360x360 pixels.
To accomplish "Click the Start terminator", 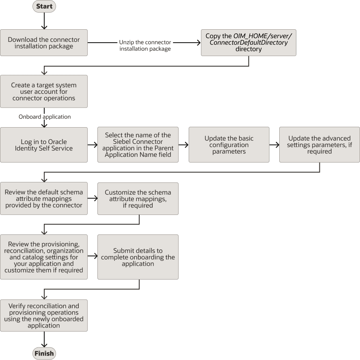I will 44,7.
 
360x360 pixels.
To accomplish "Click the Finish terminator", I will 44,353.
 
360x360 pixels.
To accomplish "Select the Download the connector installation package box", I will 44,43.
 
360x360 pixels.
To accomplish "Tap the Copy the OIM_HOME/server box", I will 248,43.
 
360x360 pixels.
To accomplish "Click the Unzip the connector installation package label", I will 145,46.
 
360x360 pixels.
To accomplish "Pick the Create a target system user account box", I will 44,91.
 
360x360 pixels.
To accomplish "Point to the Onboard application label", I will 45,117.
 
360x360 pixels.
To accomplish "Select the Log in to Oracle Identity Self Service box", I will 44,145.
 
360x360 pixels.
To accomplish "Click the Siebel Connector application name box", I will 138,145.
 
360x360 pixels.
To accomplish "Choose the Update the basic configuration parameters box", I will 229,145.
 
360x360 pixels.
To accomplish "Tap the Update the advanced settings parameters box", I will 319,145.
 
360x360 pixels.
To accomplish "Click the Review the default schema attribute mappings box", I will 44,199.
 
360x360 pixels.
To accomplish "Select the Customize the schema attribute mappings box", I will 138,199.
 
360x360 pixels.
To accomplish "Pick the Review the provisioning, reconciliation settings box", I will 44,257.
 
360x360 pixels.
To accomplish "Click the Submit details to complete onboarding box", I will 138,257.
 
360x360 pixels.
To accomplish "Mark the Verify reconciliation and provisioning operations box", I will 44,315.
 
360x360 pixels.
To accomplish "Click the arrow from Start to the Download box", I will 44,21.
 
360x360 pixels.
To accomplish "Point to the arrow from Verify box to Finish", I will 44,340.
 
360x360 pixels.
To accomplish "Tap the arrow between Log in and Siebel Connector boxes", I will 92,145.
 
